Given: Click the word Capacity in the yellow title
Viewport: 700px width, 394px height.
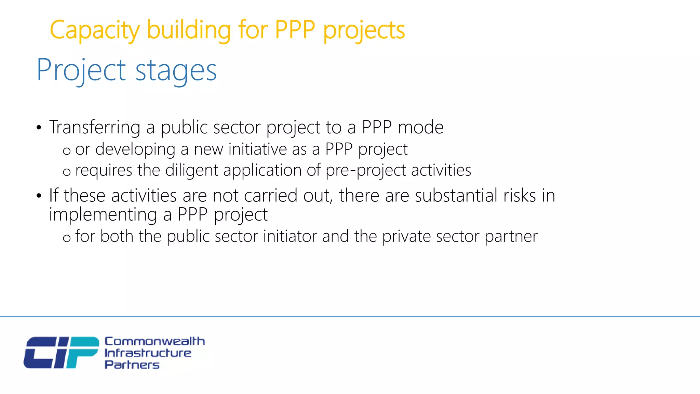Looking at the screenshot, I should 95,30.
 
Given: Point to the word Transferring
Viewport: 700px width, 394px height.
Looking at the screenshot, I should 95,128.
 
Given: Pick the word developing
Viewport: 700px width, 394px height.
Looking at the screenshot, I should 135,149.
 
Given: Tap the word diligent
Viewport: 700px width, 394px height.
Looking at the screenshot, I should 191,170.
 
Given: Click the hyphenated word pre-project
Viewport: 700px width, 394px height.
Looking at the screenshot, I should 366,170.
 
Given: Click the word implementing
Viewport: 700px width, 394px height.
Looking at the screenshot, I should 103,215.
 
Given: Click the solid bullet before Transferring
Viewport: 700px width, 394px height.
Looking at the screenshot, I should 39,128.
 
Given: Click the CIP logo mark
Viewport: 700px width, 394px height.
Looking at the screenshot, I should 61,353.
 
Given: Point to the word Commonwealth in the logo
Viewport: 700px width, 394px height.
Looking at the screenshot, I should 154,341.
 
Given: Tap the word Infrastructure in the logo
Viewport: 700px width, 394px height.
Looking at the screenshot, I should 148,353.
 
